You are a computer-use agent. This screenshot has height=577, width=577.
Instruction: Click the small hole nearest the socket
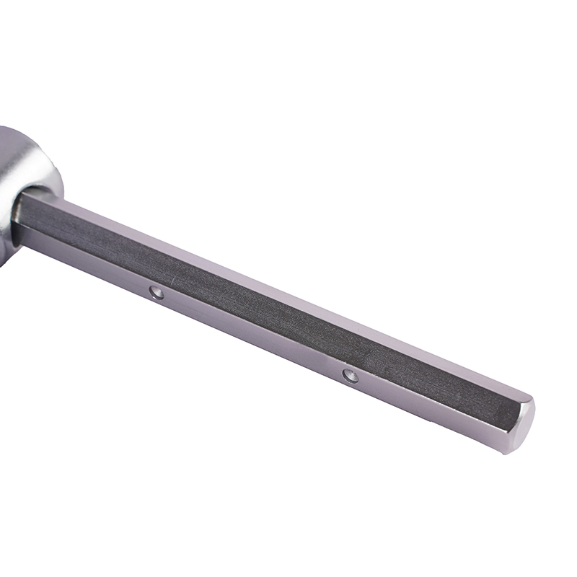tap(156, 291)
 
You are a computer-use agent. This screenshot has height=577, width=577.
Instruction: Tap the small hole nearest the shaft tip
tap(351, 375)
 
